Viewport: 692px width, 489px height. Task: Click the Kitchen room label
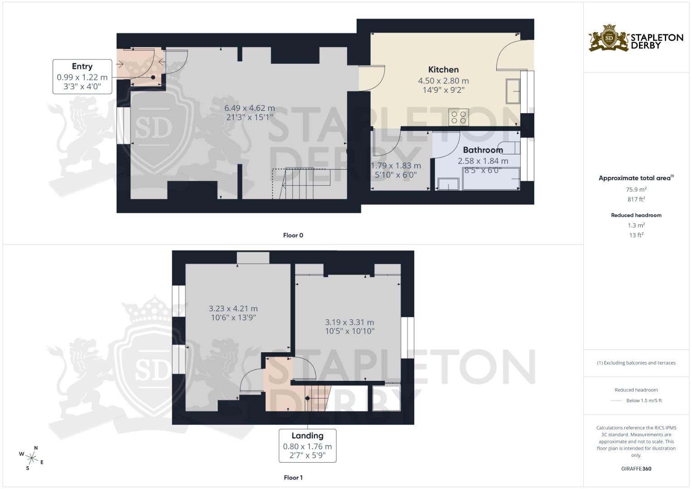coord(443,70)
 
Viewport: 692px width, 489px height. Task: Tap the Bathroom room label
coord(483,150)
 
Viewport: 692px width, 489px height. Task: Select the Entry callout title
coord(82,67)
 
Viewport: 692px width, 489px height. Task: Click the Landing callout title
coord(307,436)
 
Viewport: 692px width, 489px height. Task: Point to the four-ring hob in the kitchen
coord(459,117)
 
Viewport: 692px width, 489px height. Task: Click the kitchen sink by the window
coord(513,91)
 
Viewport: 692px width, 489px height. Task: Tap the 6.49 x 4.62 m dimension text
coord(249,108)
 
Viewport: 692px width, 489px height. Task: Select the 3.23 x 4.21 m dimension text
coord(233,308)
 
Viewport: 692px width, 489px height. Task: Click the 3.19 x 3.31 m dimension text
coord(349,322)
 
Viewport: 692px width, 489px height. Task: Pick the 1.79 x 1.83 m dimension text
coord(396,166)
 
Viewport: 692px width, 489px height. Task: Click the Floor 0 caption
coord(293,235)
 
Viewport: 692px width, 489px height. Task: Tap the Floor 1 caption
coord(293,478)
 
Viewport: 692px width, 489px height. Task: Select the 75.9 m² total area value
coord(636,189)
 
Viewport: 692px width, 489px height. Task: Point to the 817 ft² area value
coord(636,199)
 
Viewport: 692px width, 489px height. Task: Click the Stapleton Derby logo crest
coord(609,38)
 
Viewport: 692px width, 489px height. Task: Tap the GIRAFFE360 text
coord(636,469)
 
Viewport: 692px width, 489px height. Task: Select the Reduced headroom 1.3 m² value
coord(636,225)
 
